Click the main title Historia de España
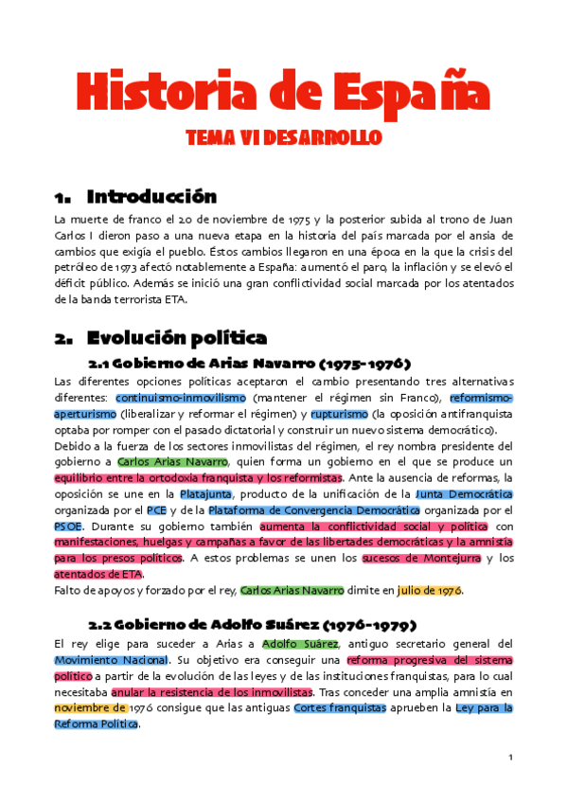pos(283,91)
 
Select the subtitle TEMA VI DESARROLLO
pos(283,138)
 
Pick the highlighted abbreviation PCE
pos(156,509)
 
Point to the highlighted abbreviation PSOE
pos(68,526)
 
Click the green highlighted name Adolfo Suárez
pos(299,644)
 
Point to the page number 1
pos(509,758)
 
